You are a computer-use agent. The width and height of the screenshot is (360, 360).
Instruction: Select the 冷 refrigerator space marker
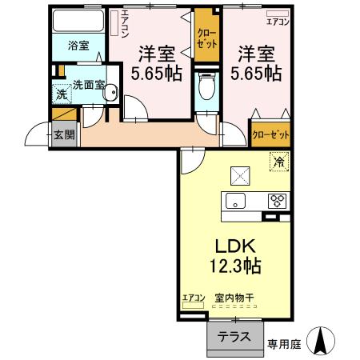(x=279, y=162)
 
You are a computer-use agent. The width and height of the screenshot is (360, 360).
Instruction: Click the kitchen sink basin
(x=237, y=200)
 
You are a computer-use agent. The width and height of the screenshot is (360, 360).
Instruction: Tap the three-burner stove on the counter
(x=278, y=200)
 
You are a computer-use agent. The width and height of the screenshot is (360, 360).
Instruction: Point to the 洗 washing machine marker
(x=62, y=94)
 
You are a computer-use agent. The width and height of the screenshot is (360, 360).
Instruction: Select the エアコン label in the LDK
(x=194, y=298)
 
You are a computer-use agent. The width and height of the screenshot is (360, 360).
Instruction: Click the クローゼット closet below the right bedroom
(x=270, y=134)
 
